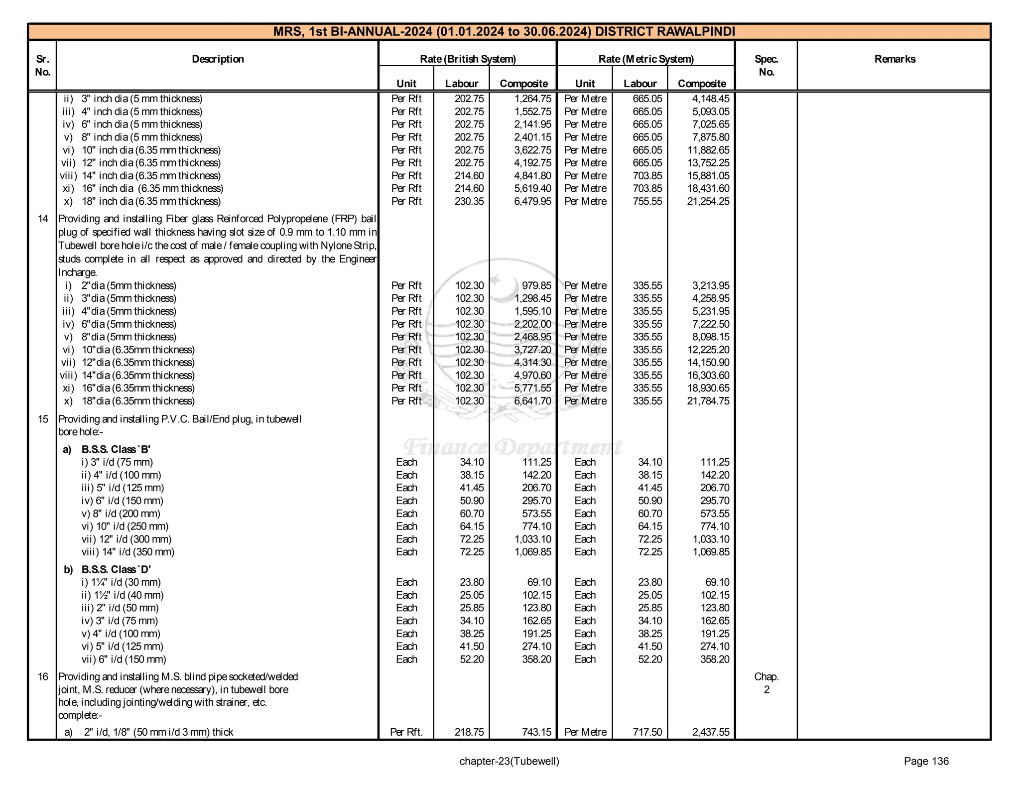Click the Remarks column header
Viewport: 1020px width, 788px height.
pos(894,59)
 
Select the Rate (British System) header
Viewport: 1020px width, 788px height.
pos(468,59)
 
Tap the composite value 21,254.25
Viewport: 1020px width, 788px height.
pos(708,201)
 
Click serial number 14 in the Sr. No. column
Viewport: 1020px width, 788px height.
pos(43,219)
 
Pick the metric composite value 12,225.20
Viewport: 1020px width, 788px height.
pos(708,350)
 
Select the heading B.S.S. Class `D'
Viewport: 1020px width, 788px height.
pos(116,569)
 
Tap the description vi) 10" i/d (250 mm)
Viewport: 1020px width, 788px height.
pos(125,526)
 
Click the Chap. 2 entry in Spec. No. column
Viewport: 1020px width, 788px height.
pos(766,683)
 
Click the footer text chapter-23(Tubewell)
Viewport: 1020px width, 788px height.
pos(509,761)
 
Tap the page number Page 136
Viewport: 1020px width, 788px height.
pos(926,761)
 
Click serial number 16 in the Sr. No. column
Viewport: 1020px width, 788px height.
pos(43,676)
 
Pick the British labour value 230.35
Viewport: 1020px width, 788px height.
pos(469,201)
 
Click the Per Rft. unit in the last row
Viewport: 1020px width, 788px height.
pos(406,732)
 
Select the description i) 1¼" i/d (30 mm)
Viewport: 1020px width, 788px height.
pos(121,582)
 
